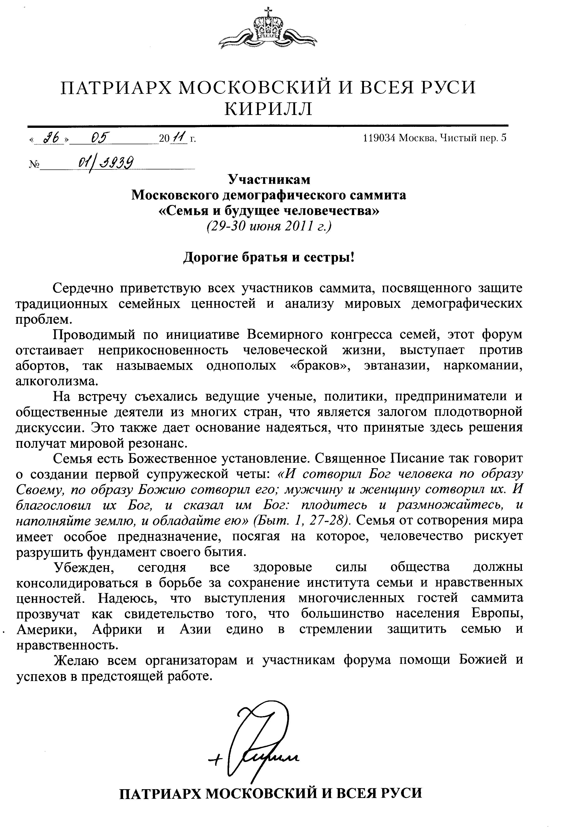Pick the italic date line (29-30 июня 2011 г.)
(269, 226)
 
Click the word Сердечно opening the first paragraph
(81, 288)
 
